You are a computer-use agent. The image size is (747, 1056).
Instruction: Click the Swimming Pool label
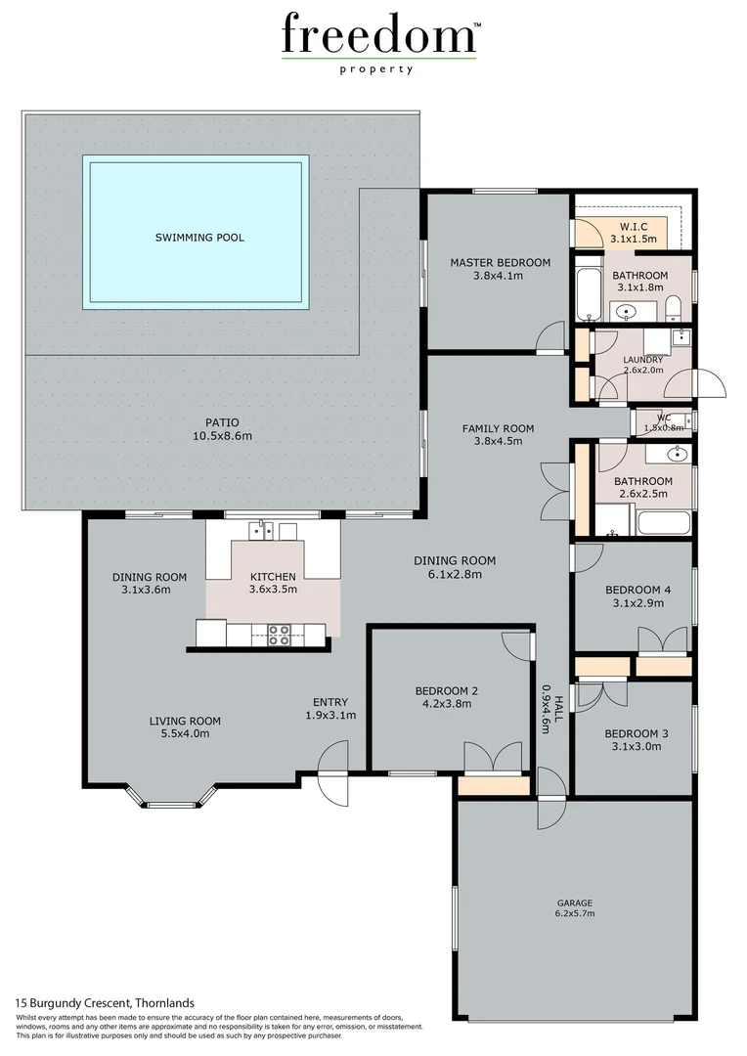point(199,238)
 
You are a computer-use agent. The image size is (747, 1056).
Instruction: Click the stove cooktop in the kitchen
point(280,634)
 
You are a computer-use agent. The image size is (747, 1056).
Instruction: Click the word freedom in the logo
point(378,35)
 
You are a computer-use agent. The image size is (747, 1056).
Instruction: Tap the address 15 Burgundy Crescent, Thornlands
point(105,1003)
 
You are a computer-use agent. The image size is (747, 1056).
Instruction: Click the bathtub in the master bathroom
point(586,295)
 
